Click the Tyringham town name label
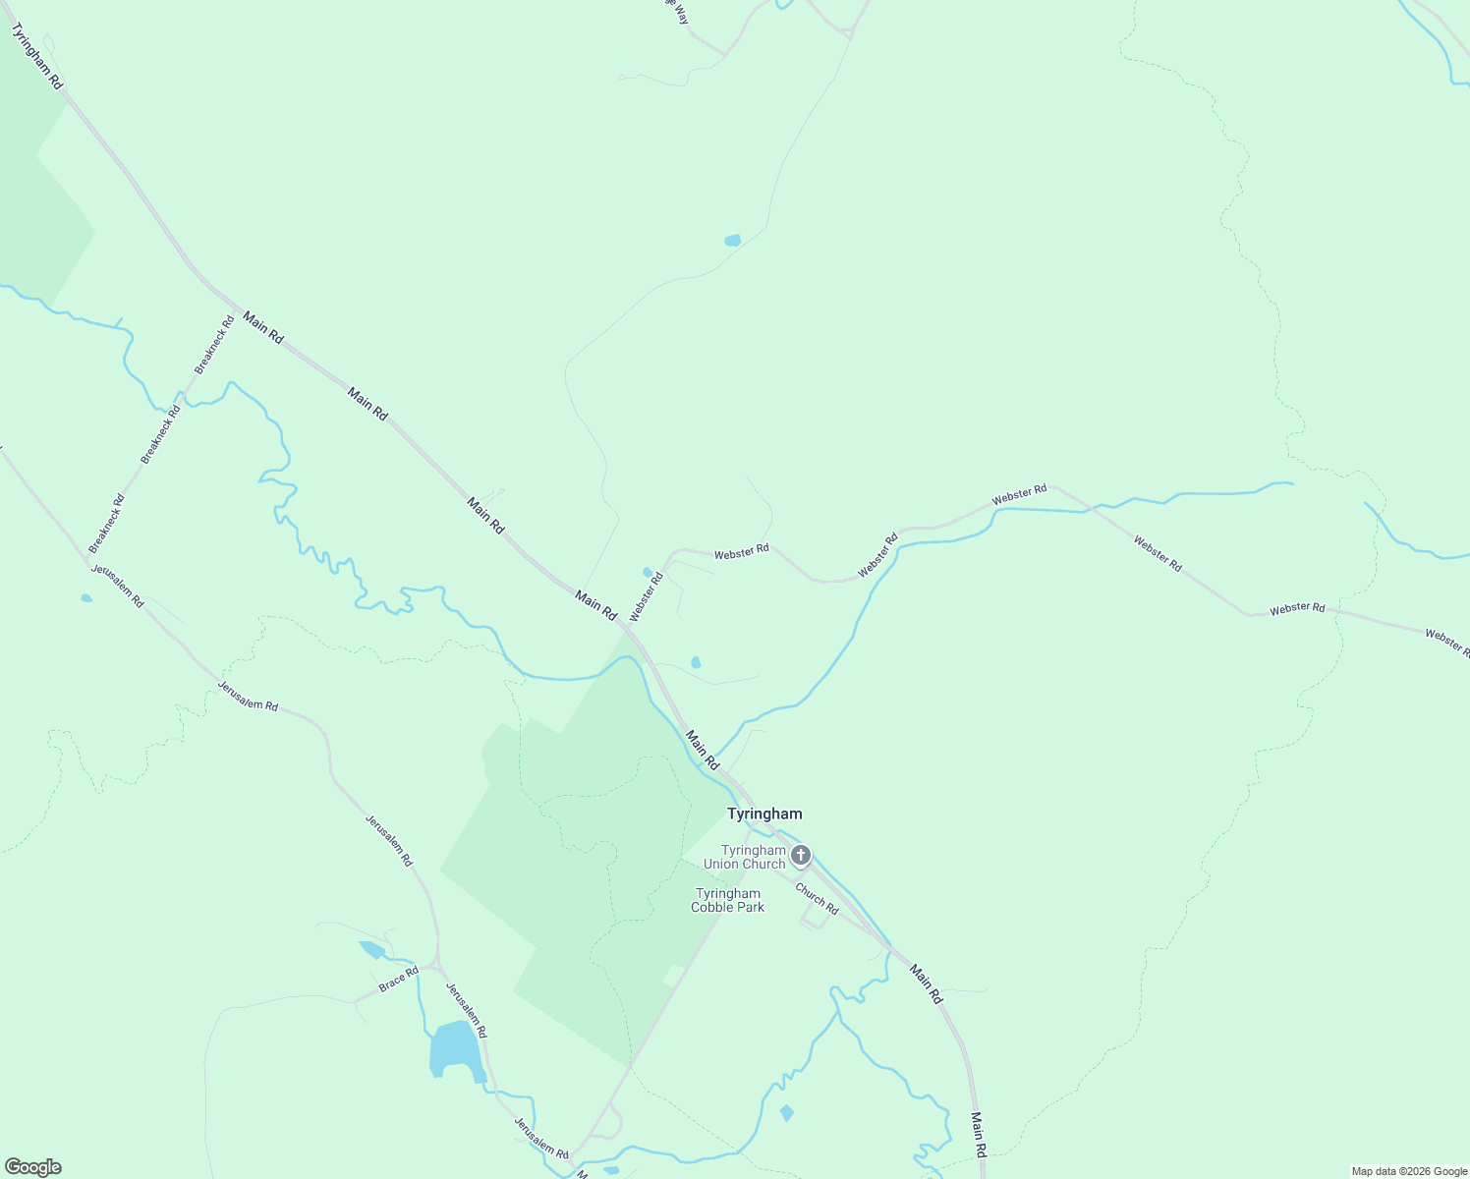[x=763, y=814]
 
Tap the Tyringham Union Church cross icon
[x=801, y=856]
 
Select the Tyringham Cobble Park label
[x=727, y=900]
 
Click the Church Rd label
[x=817, y=899]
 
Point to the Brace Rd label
[x=399, y=979]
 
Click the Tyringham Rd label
[x=36, y=58]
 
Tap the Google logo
[x=32, y=1167]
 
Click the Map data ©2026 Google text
[x=1408, y=1171]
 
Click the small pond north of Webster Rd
[x=732, y=240]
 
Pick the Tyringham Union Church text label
[x=753, y=857]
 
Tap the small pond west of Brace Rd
[x=372, y=949]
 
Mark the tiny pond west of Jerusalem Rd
[x=86, y=597]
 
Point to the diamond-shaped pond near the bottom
[x=786, y=1113]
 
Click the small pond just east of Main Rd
[x=696, y=663]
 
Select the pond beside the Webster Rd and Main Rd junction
[x=647, y=572]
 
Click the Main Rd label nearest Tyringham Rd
[x=262, y=327]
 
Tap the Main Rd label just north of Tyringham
[x=703, y=750]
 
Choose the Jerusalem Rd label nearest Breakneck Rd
[x=118, y=586]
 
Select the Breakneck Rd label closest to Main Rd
[x=214, y=344]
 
